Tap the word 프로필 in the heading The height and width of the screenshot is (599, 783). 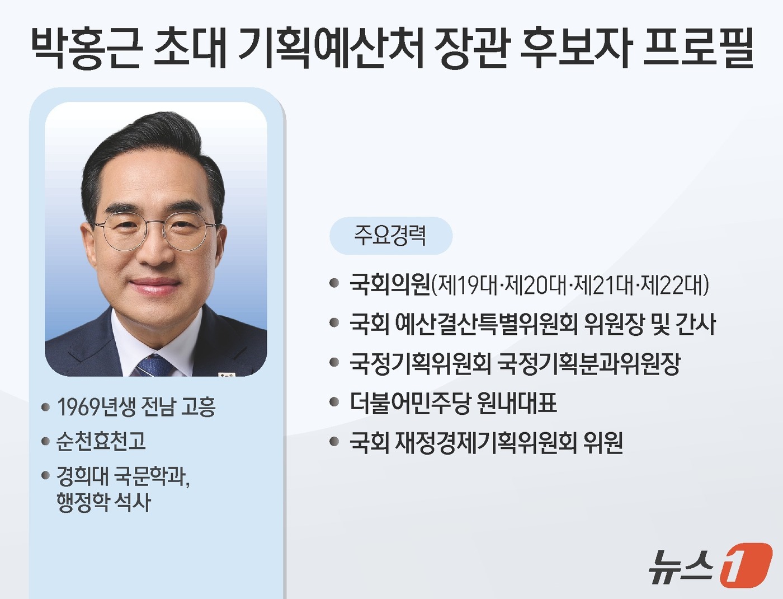[698, 48]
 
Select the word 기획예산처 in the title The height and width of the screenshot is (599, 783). [330, 48]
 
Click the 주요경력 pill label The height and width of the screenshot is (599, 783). [390, 236]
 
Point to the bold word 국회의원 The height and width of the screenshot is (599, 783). [390, 284]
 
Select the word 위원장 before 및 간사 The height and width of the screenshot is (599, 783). [614, 324]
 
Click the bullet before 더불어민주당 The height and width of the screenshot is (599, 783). [334, 402]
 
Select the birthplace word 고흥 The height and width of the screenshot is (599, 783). [199, 407]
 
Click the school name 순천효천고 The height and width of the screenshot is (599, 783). [101, 441]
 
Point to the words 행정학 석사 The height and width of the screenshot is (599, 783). [103, 502]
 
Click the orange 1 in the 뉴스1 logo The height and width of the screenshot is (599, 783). [745, 565]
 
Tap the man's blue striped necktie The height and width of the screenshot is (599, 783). [154, 366]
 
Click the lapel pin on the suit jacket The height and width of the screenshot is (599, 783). [227, 374]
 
